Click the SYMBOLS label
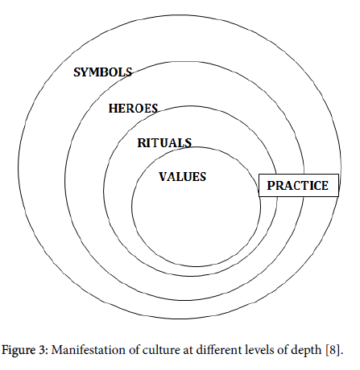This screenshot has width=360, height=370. tap(103, 72)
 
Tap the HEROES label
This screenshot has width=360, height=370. tap(133, 109)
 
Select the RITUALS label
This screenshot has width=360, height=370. tap(164, 142)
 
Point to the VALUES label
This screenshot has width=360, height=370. tap(183, 177)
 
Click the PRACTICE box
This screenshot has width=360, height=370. tap(299, 186)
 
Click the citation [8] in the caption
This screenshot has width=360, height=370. tap(333, 351)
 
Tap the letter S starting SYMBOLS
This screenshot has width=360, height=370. tap(77, 72)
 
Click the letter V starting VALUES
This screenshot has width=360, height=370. tap(163, 177)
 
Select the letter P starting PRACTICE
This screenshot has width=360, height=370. tap(271, 186)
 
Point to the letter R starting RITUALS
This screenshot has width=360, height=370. tap(142, 143)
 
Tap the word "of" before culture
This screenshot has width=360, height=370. tap(134, 350)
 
